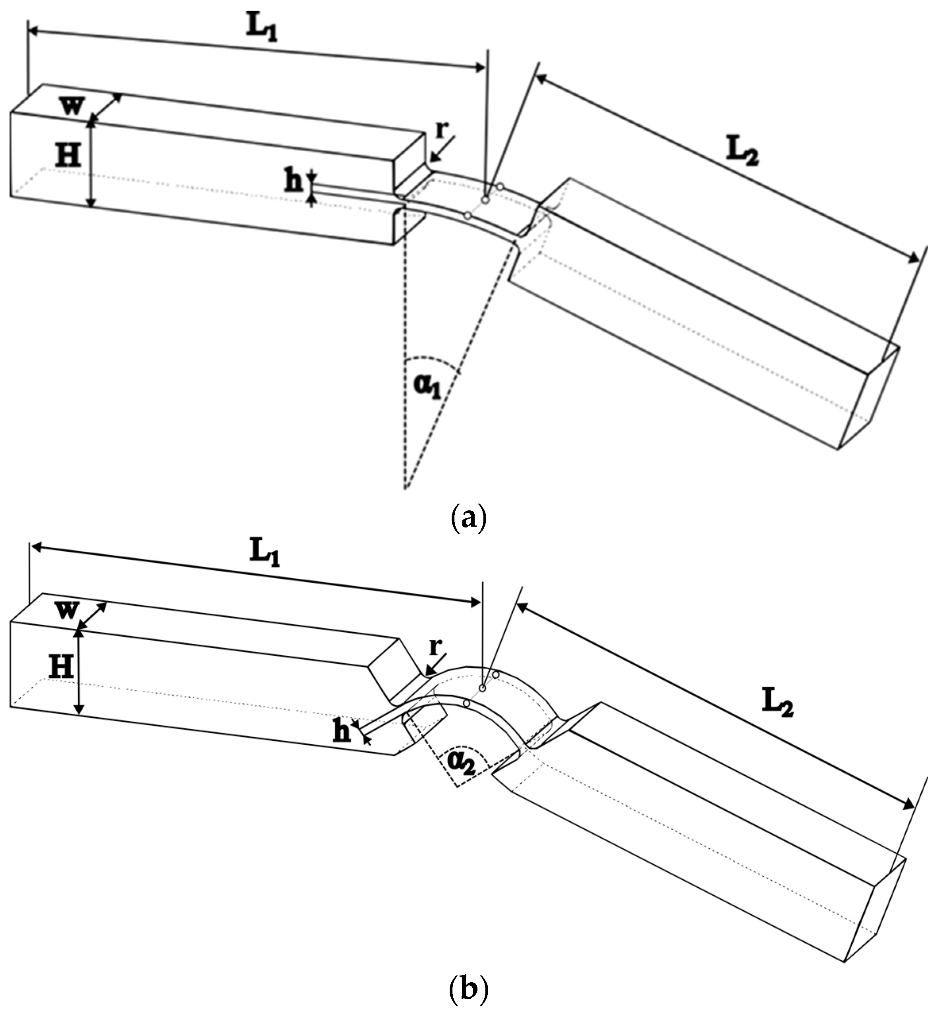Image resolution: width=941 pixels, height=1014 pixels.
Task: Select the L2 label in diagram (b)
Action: coord(777,705)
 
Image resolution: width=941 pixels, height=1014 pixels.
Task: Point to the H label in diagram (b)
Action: coord(61,666)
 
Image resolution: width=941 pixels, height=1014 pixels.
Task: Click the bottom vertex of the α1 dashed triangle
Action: coord(405,489)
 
